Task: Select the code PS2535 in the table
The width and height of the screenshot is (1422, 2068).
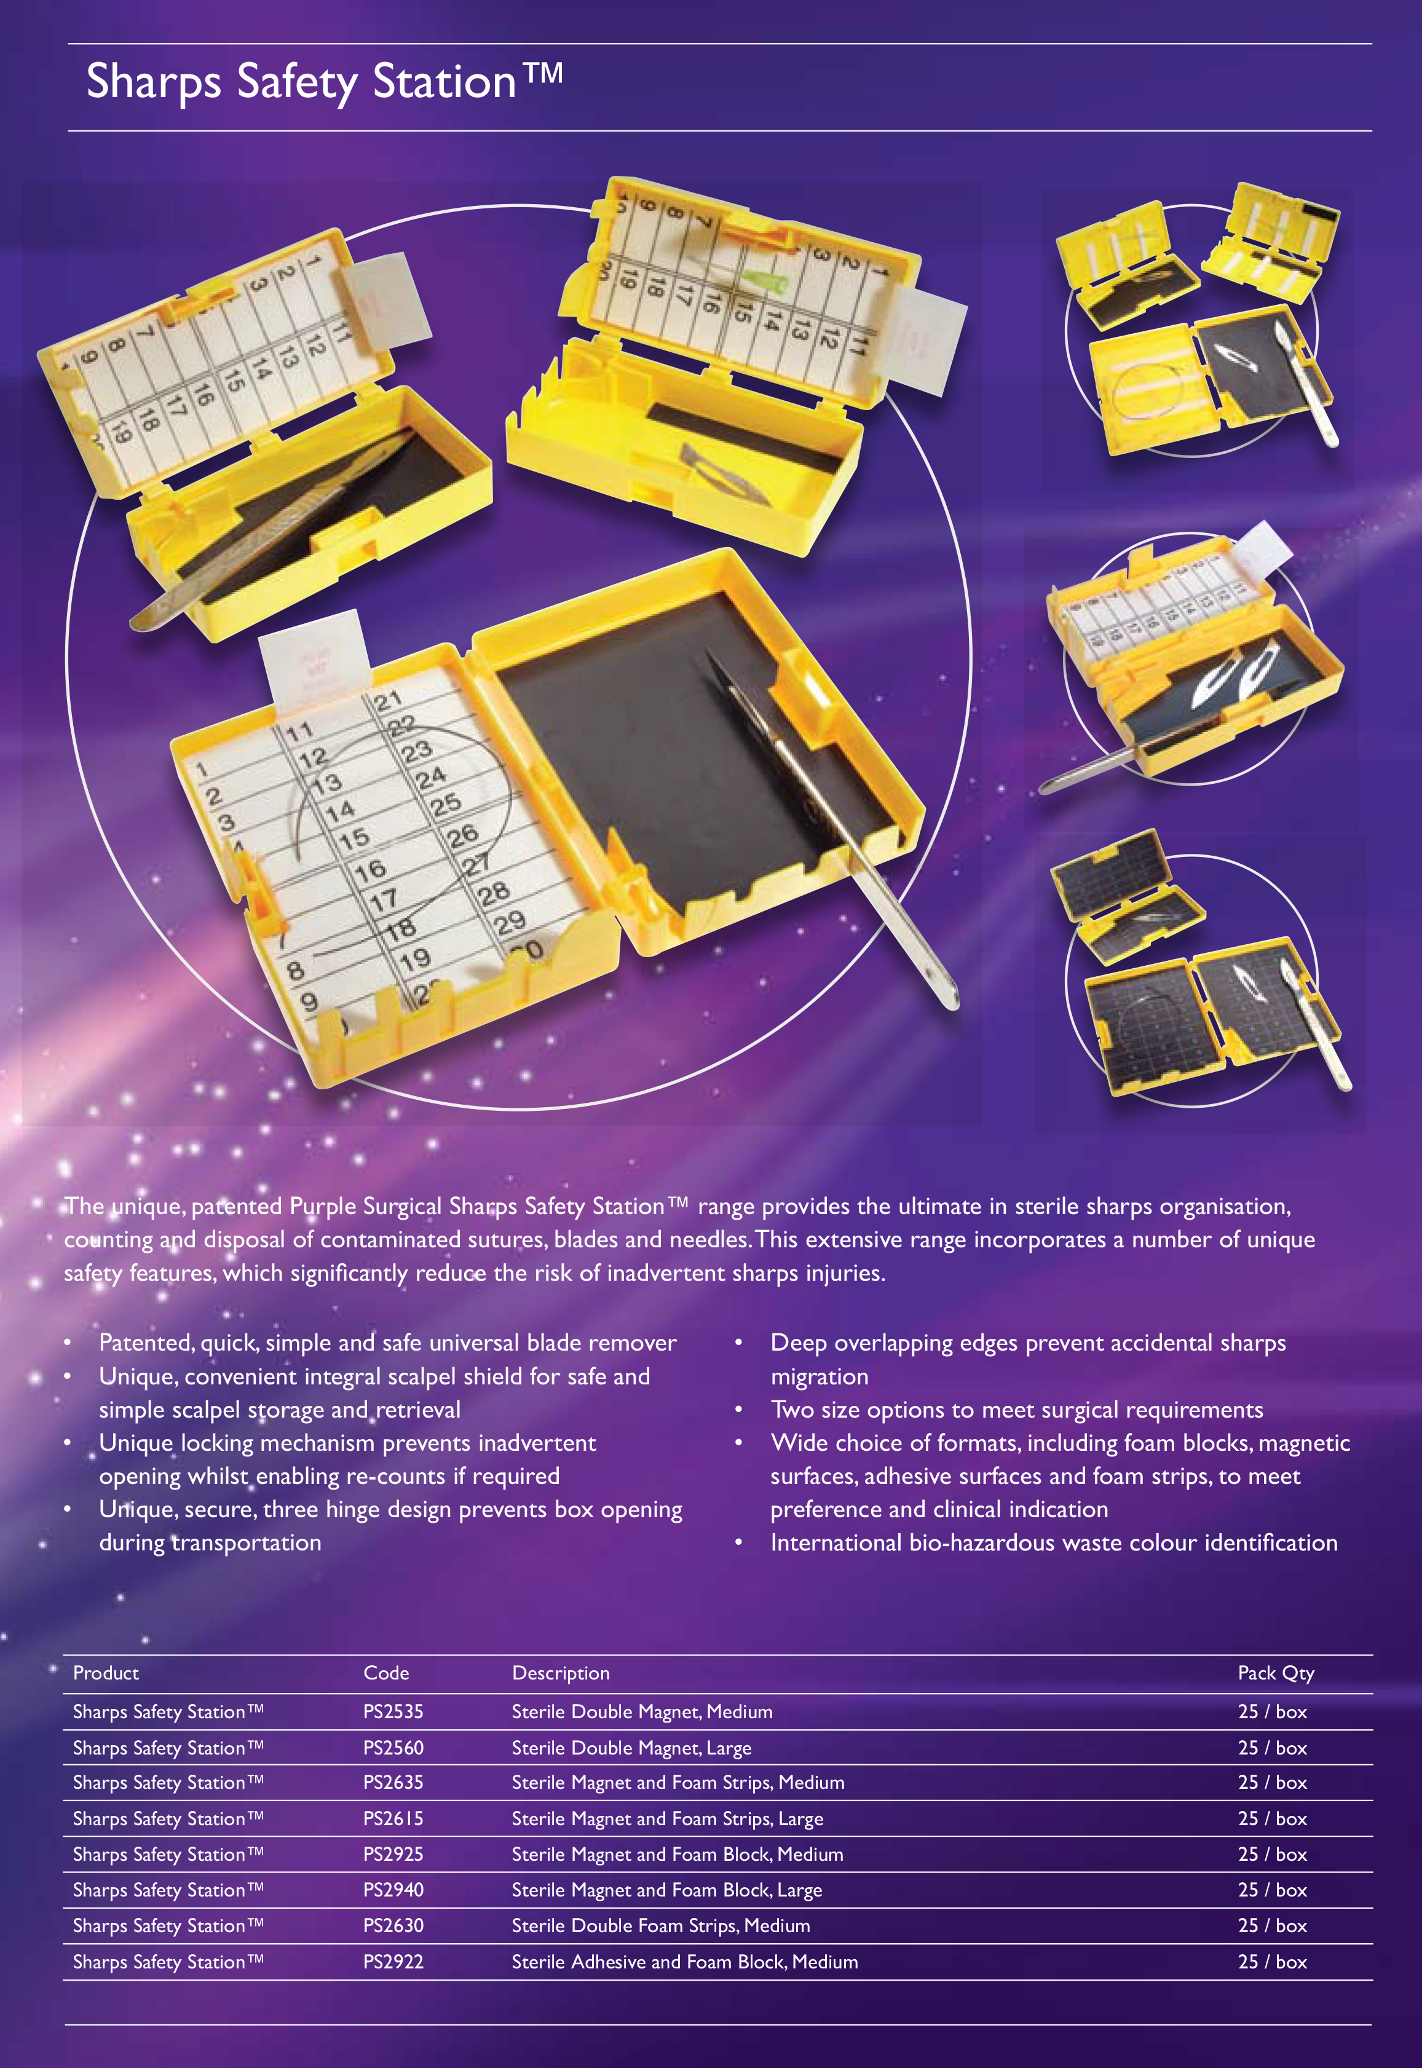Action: pyautogui.click(x=393, y=1711)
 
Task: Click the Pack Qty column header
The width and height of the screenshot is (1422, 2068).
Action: pyautogui.click(x=1276, y=1673)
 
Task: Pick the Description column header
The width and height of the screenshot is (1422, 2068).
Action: pyautogui.click(x=561, y=1673)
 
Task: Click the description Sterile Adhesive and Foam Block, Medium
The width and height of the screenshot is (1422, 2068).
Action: pyautogui.click(x=684, y=1962)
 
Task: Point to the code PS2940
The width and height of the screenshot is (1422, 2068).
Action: pyautogui.click(x=393, y=1890)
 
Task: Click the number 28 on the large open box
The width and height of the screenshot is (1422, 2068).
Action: pyautogui.click(x=494, y=893)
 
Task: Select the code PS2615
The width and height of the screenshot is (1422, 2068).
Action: pyautogui.click(x=393, y=1818)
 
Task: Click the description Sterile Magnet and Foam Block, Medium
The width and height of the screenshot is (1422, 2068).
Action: pyautogui.click(x=677, y=1854)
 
